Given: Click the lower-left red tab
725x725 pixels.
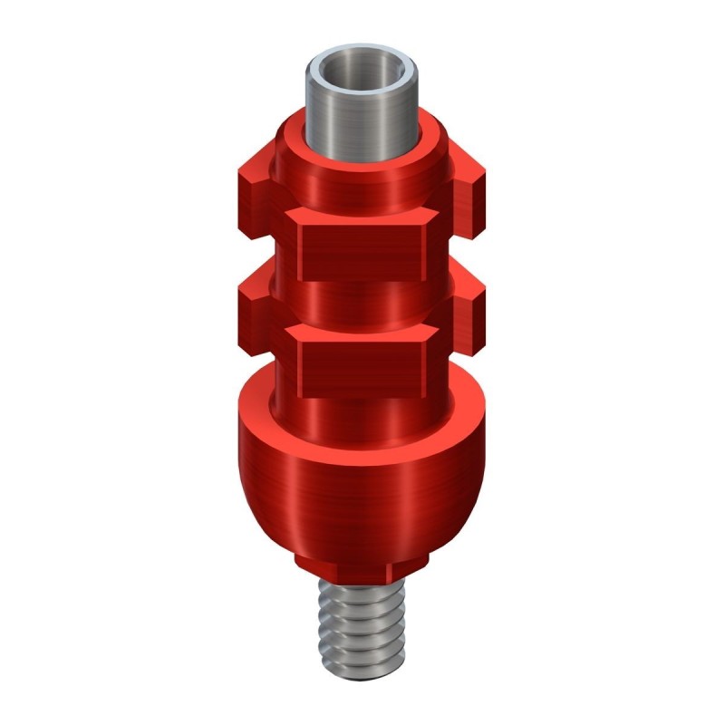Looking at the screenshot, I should coord(255,308).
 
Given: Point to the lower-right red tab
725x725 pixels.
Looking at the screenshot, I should coord(469,308).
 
